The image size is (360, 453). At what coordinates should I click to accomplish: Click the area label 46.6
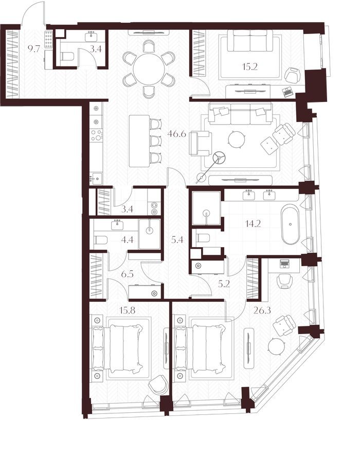[x=176, y=134]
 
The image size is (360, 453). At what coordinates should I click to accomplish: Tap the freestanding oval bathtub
[x=291, y=224]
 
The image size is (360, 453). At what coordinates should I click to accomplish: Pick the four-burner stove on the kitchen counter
[x=96, y=135]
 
